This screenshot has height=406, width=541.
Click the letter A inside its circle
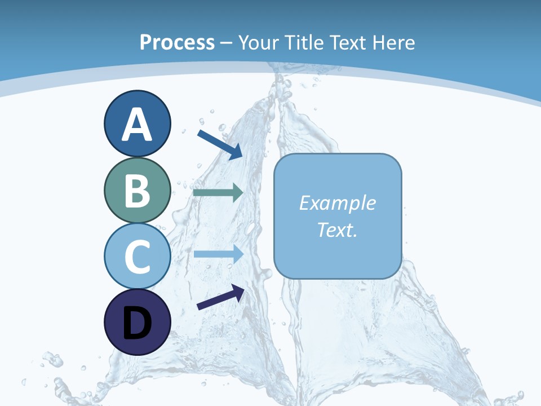pos(138,125)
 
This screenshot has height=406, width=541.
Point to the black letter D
pos(138,323)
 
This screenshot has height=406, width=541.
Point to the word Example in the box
pos(338,203)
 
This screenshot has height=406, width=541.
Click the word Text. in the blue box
pos(338,230)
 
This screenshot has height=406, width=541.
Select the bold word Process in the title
pos(177,42)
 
